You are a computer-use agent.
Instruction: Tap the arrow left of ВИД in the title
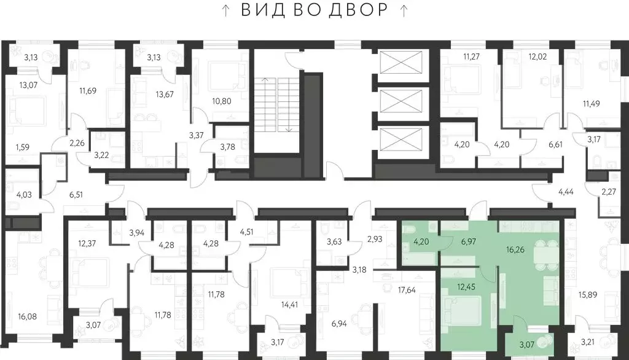[226, 10]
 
